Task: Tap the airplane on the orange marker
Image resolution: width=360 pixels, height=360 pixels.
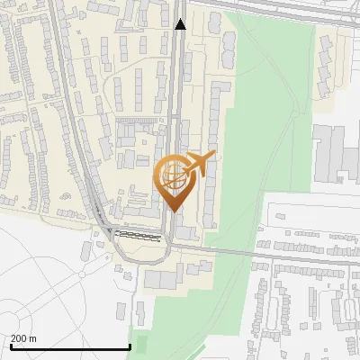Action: click(199, 165)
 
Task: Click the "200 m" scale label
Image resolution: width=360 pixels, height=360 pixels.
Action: click(23, 338)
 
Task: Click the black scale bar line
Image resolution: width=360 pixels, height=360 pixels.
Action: click(69, 347)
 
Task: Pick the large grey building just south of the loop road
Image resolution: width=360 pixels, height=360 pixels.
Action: click(163, 279)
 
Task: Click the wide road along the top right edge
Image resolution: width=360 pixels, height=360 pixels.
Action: click(288, 11)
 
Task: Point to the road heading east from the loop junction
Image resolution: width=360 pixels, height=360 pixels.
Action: click(252, 253)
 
